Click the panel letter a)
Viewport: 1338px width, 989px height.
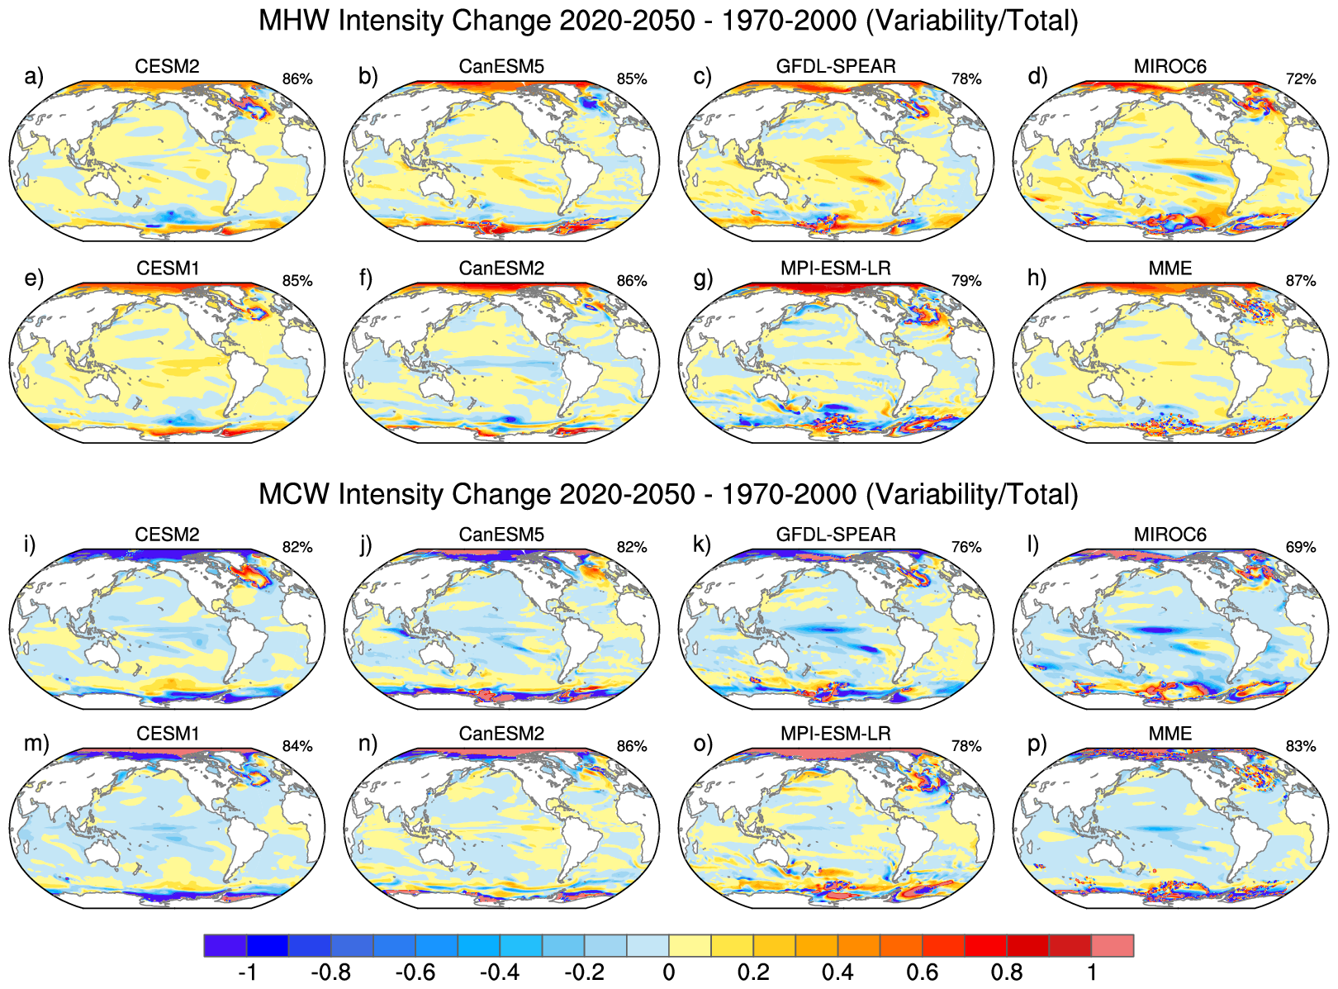33,77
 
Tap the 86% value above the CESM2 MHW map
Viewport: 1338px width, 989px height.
297,79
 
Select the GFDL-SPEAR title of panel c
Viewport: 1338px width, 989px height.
836,66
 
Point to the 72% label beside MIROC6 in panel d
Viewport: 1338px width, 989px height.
1301,79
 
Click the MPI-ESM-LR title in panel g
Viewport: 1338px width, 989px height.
836,269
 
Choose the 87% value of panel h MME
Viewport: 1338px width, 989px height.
1301,281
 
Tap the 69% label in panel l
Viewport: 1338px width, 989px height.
1301,547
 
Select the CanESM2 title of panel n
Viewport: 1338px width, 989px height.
501,734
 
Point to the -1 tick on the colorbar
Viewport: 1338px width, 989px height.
247,972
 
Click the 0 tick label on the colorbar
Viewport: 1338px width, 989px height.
669,972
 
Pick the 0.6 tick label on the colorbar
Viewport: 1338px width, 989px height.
923,972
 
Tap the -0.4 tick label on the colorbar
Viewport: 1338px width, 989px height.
500,972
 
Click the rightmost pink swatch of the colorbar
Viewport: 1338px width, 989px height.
1113,945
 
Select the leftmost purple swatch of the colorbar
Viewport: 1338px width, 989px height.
225,945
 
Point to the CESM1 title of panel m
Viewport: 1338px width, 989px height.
168,734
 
